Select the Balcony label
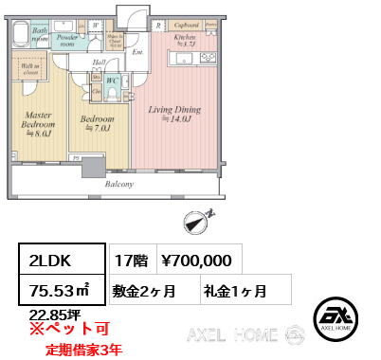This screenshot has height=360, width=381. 118,184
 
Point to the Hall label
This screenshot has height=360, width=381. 99,62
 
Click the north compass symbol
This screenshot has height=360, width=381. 195,224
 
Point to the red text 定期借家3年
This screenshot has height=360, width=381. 83,349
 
